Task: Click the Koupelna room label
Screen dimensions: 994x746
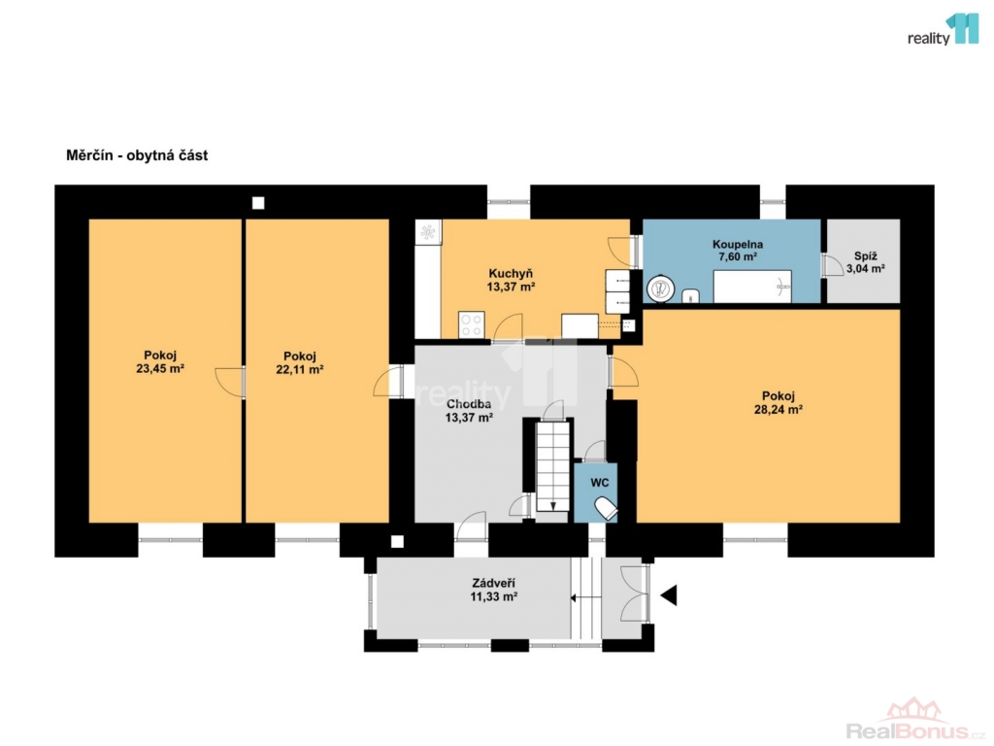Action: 738,244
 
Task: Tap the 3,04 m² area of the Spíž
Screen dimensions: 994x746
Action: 865,269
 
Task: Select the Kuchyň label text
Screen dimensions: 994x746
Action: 511,273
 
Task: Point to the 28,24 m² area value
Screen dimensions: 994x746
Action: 779,410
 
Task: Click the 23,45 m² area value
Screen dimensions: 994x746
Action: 160,368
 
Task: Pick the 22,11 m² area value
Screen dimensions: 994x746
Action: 300,370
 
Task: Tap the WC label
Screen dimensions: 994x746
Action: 600,483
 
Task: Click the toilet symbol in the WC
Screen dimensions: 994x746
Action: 606,508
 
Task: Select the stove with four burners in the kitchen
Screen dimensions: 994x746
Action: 471,324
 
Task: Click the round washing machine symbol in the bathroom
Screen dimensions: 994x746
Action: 660,289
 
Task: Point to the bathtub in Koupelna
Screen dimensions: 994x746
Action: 752,287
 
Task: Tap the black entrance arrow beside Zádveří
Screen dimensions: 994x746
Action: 669,595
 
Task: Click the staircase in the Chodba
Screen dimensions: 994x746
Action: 553,466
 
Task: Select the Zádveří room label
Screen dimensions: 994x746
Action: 493,583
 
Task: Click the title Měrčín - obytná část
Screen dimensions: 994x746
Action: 137,155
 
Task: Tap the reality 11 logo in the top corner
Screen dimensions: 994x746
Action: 944,30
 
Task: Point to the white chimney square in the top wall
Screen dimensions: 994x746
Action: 258,203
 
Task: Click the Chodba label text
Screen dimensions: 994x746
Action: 469,404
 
